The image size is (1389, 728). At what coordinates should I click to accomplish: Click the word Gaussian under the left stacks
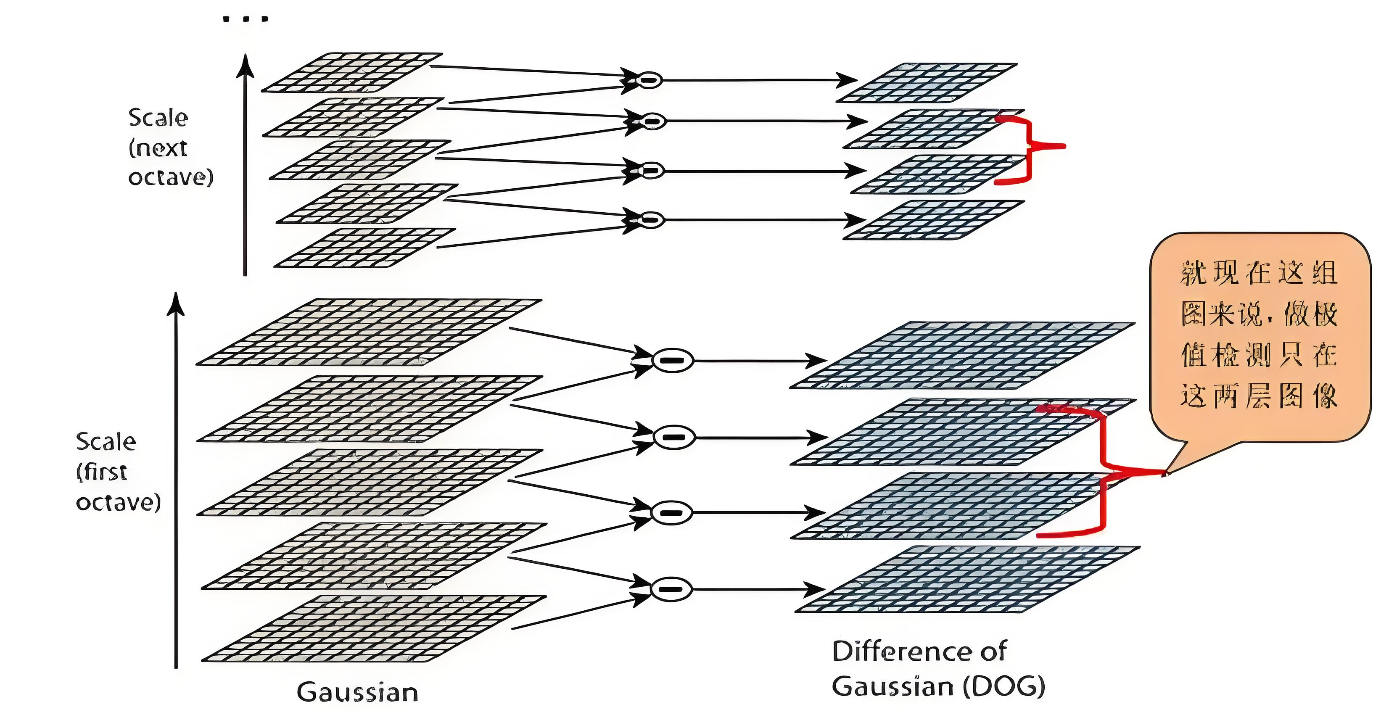point(357,692)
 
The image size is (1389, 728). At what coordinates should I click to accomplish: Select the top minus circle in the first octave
point(672,360)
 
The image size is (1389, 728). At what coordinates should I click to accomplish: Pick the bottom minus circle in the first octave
point(671,589)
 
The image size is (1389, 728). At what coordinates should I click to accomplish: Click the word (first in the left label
point(102,472)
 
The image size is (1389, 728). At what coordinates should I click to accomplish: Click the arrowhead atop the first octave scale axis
point(176,303)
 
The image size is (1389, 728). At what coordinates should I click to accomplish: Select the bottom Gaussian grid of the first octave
point(374,629)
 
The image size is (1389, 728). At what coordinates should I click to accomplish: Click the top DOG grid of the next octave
point(927,82)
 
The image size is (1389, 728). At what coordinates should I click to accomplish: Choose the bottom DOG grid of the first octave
point(967,579)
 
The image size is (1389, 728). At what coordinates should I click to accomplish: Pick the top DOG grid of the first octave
point(962,355)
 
